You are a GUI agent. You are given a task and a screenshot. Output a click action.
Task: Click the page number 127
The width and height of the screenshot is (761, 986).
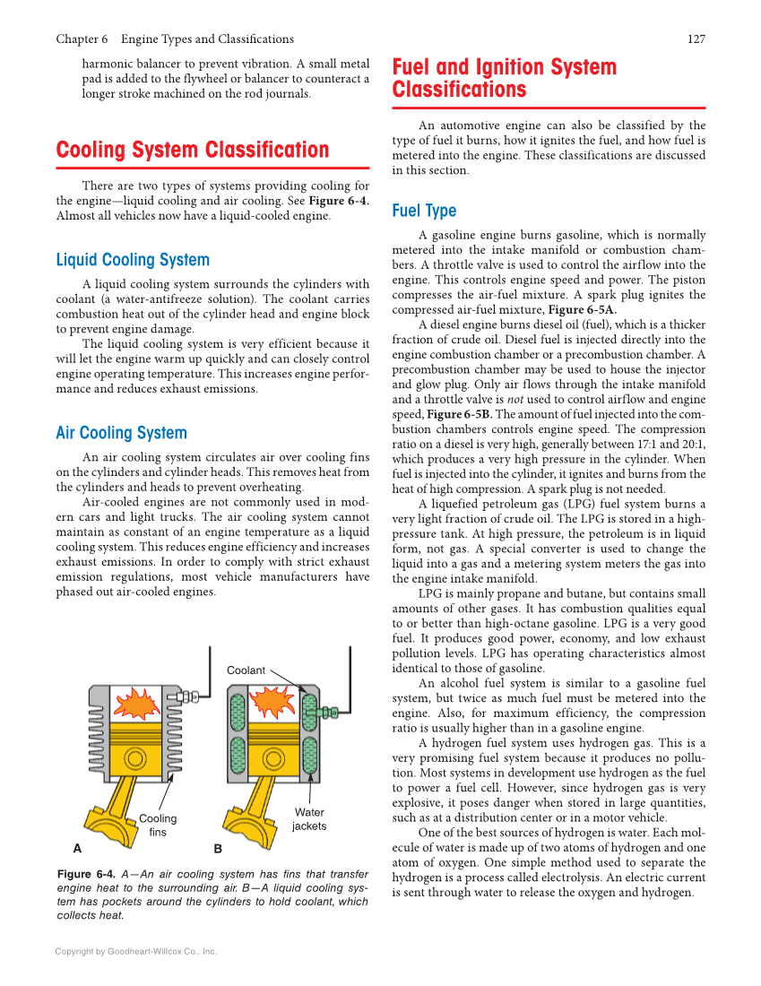coord(696,39)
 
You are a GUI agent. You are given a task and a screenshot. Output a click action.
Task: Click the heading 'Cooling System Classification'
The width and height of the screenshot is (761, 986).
coord(192,150)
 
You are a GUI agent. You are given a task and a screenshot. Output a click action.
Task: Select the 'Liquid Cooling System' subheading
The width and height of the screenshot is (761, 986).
coord(132,260)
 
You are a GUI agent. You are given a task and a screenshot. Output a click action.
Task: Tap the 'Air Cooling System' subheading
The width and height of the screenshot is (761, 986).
coord(121,433)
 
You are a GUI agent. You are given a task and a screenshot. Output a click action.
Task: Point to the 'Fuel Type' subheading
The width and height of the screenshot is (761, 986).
coord(424,211)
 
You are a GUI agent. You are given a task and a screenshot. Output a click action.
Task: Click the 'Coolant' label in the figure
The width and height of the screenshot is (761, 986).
coord(246,670)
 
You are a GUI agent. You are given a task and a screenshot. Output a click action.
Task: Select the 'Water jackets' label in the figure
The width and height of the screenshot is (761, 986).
coord(309,819)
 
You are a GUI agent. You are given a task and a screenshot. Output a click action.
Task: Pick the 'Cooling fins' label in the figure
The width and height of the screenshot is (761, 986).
coord(158,825)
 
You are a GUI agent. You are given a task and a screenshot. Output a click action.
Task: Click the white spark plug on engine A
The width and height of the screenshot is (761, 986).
coord(187,696)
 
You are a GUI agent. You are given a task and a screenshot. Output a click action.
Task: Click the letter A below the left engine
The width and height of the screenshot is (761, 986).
coord(77,847)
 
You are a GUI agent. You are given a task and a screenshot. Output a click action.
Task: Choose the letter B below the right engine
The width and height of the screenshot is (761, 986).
coord(217,848)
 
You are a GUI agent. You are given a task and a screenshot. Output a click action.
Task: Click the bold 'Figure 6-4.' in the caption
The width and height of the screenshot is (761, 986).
coord(86,874)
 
